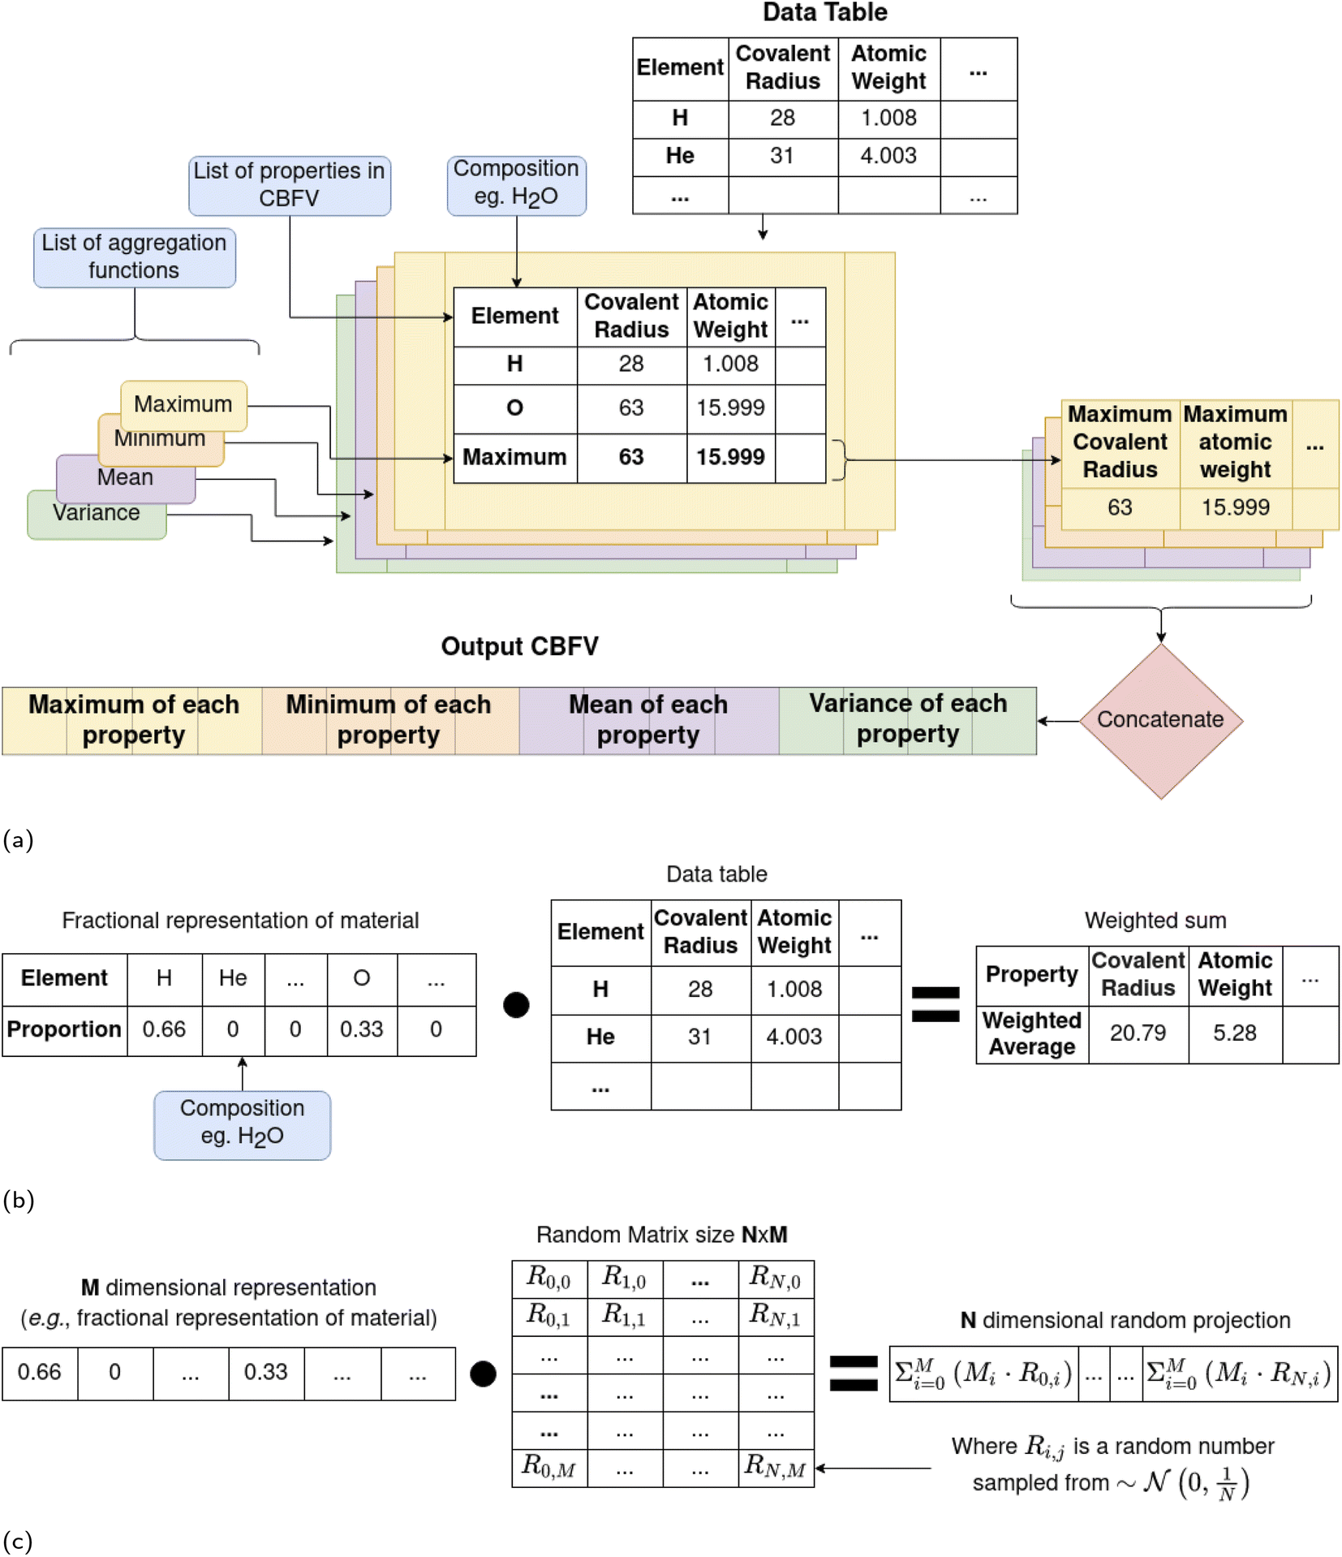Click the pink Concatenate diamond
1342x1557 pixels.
tap(1160, 720)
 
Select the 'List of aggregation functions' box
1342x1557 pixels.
tap(134, 257)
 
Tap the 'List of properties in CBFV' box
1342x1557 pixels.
tap(289, 185)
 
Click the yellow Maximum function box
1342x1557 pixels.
tap(183, 403)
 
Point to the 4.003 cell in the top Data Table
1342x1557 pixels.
tap(888, 156)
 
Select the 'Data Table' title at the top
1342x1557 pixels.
tap(824, 12)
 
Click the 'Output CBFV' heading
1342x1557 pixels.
tap(519, 646)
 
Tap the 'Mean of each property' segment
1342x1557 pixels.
tap(648, 719)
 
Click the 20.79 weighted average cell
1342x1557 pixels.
tap(1138, 1033)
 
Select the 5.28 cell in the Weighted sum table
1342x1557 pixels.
tap(1234, 1033)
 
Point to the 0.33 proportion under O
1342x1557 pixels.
tap(361, 1029)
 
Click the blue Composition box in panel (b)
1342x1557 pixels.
tap(242, 1123)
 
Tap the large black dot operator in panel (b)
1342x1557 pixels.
tap(516, 1005)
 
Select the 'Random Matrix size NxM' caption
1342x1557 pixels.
tap(661, 1235)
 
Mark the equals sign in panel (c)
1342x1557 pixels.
tap(853, 1374)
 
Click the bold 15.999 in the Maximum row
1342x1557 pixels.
tap(730, 457)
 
